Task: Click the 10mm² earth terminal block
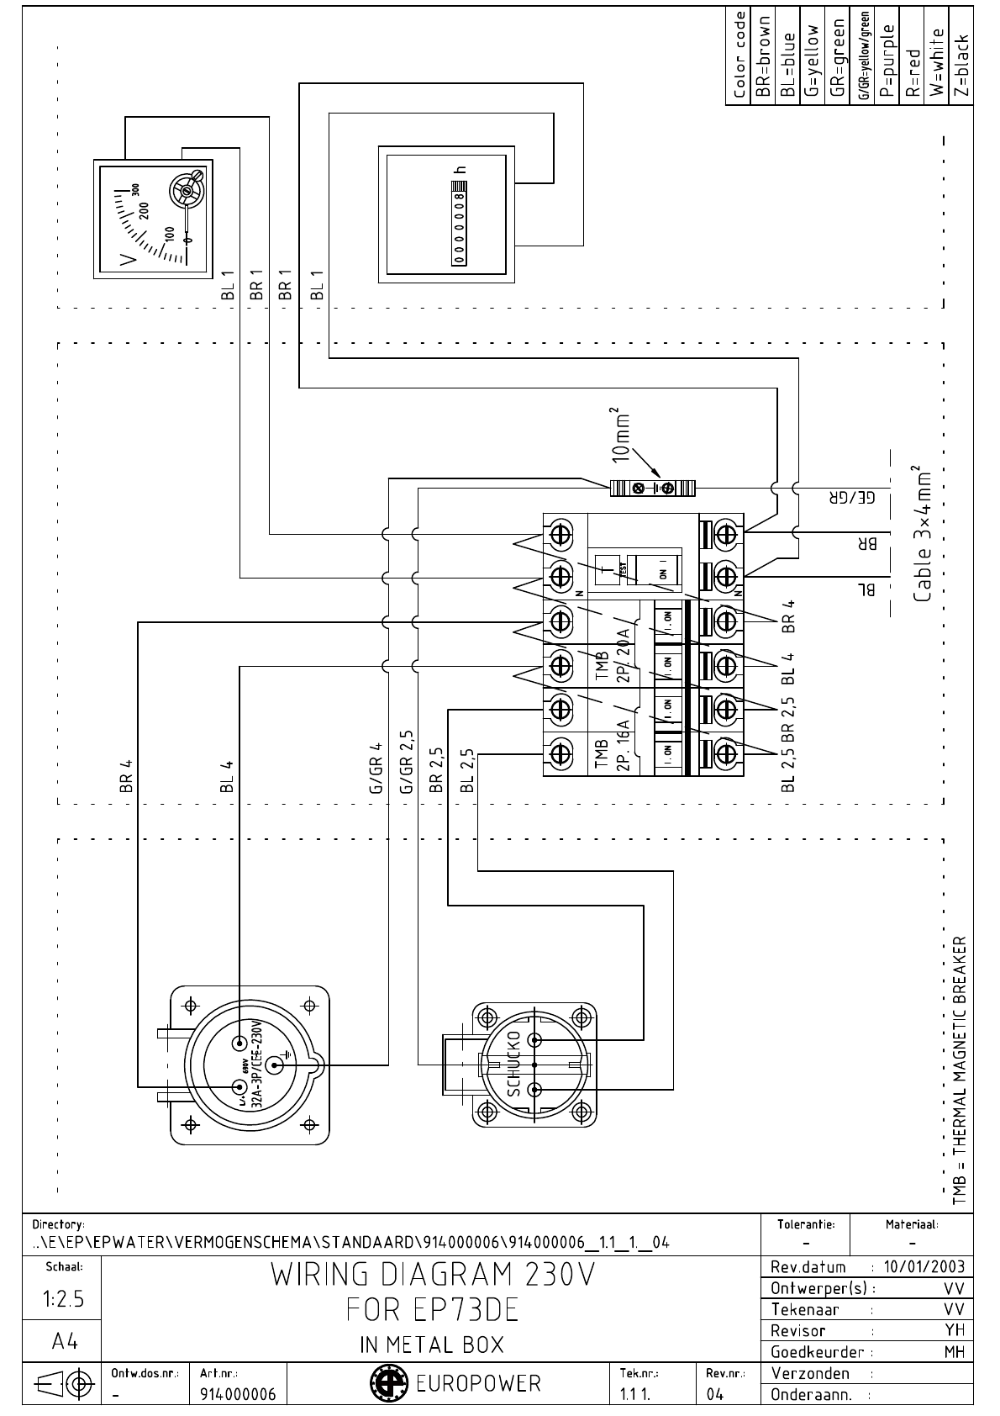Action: [x=654, y=488]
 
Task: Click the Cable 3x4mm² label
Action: [x=922, y=534]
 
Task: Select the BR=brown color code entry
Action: [x=764, y=56]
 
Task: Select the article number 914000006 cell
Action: [x=238, y=1394]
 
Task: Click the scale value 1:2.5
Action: [x=63, y=1299]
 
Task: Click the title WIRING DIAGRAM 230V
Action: [x=432, y=1276]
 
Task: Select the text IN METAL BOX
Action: [x=432, y=1345]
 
